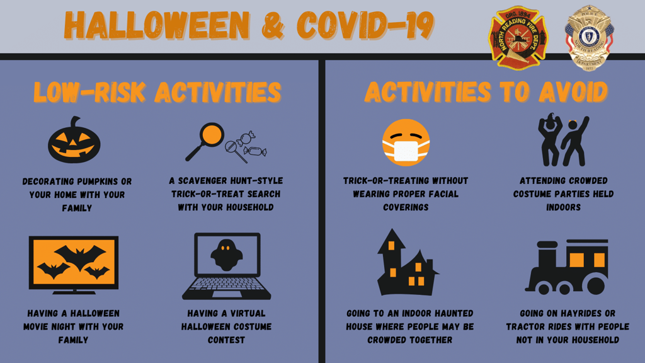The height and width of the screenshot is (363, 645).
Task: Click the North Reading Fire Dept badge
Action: [x=518, y=38]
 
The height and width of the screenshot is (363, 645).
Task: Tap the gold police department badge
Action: [x=590, y=38]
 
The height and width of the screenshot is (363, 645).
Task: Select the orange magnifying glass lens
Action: [x=212, y=135]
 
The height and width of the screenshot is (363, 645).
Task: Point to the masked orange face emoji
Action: [x=406, y=143]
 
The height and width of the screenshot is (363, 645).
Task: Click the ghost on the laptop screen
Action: [x=226, y=255]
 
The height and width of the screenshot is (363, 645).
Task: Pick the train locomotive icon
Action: [x=567, y=267]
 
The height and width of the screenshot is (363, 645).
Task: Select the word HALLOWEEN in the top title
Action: [x=157, y=25]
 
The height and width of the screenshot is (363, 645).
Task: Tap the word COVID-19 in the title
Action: [x=365, y=25]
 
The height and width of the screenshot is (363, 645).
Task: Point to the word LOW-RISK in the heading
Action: [x=89, y=92]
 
